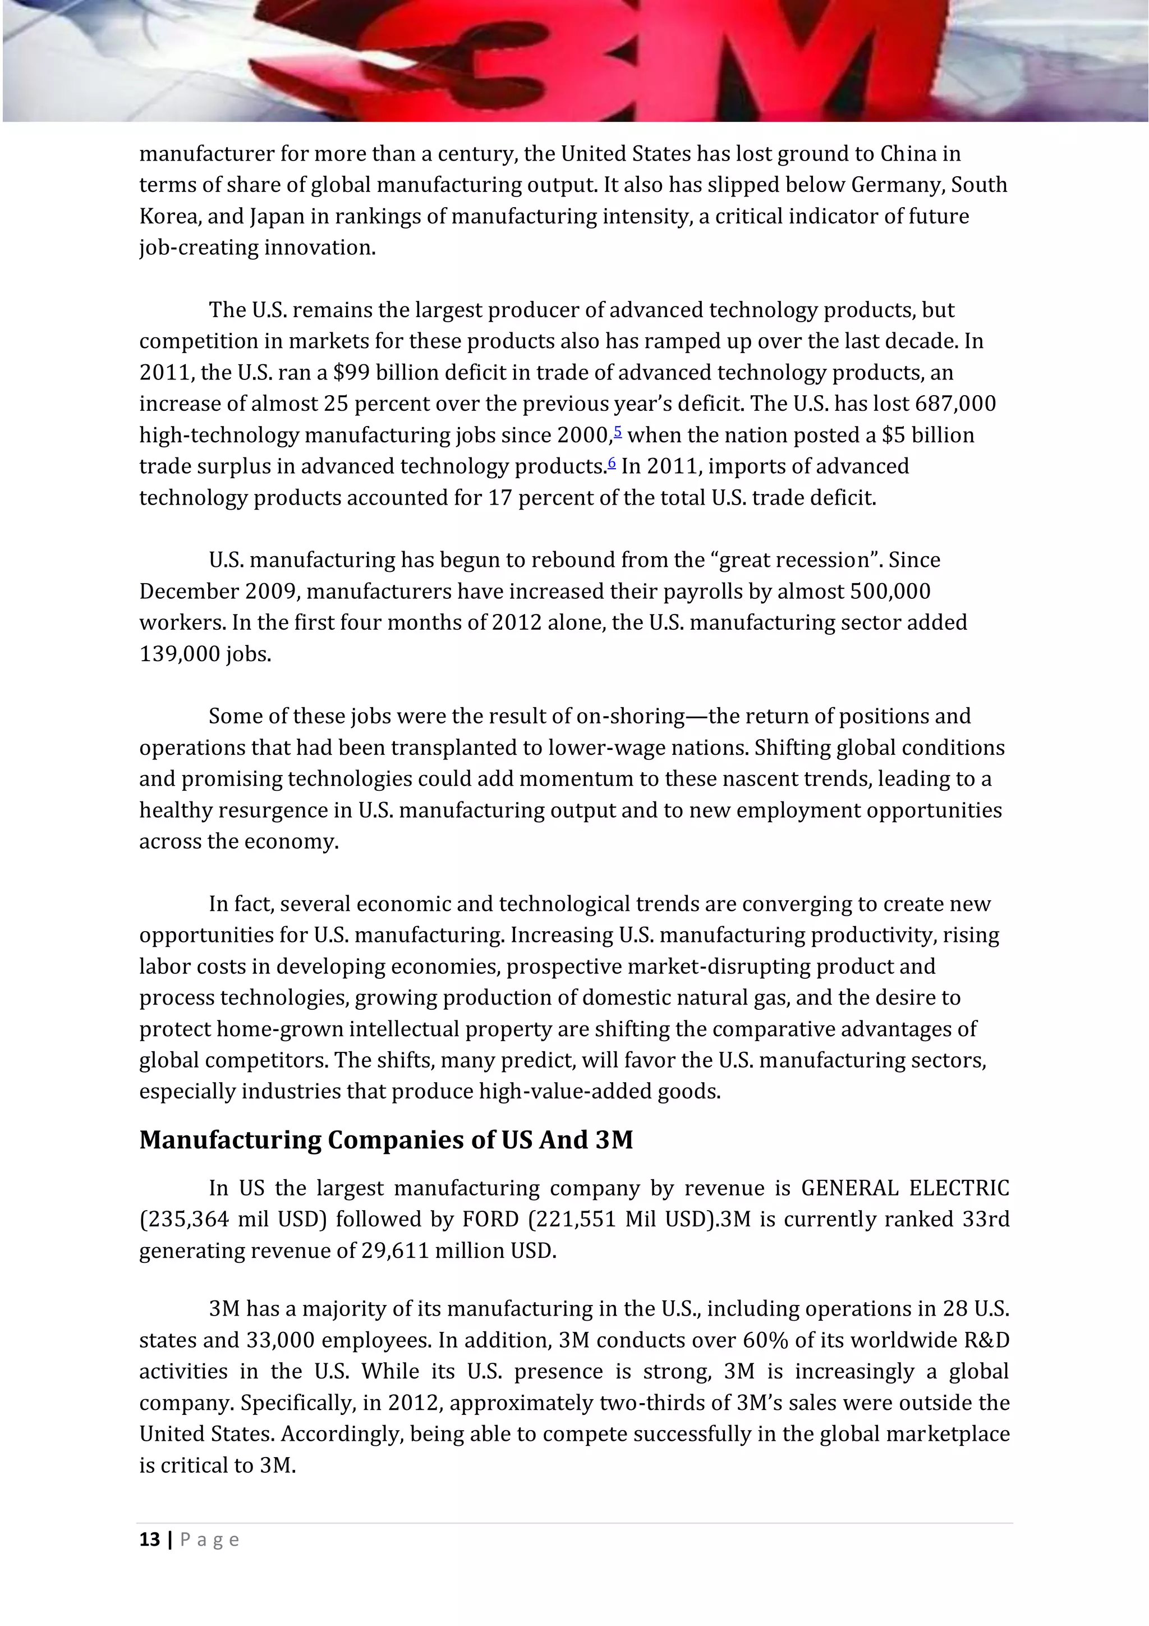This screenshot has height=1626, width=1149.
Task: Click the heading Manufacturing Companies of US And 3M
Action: [x=386, y=1139]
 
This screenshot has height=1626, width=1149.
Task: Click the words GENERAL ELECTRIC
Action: [x=905, y=1188]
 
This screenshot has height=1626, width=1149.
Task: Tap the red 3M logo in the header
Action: [x=573, y=64]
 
